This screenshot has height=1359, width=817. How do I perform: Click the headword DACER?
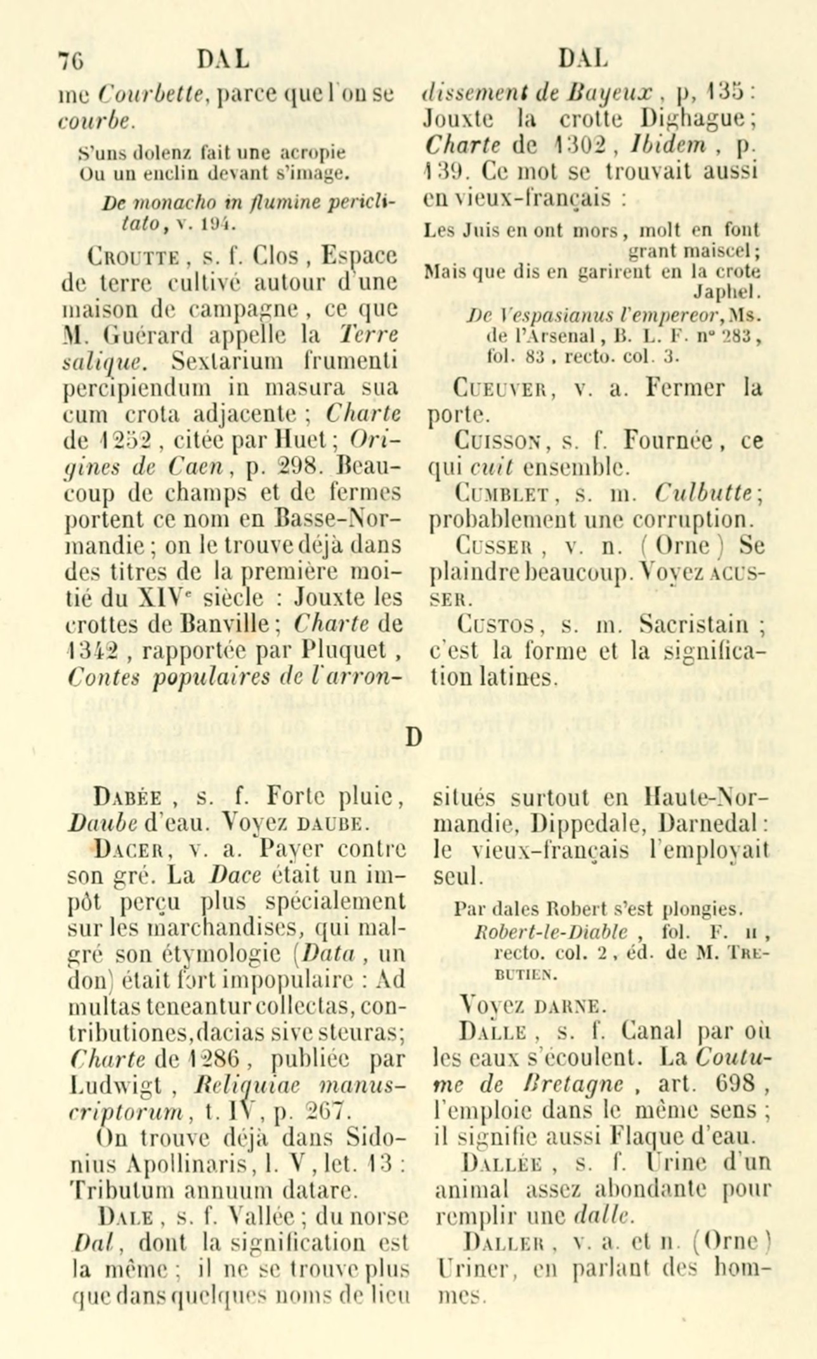point(126,848)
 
